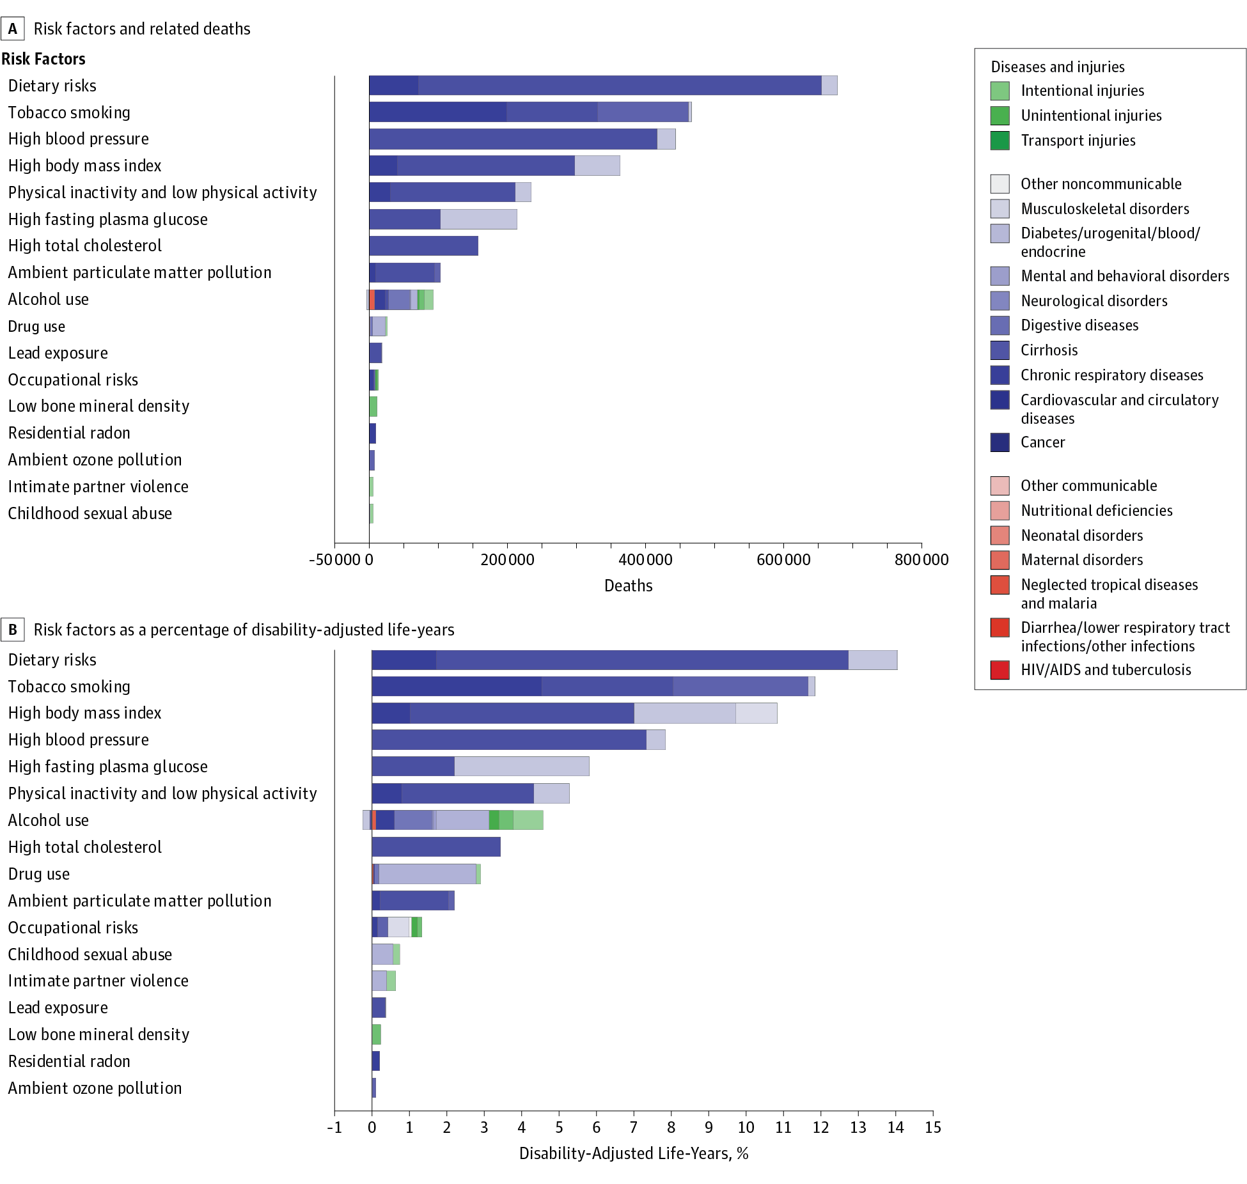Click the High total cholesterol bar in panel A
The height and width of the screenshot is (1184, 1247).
click(x=423, y=245)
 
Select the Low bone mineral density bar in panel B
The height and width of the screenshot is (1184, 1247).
click(x=376, y=1034)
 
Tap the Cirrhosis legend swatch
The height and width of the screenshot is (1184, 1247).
click(x=1000, y=350)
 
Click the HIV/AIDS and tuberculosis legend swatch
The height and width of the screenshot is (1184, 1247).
click(x=1000, y=670)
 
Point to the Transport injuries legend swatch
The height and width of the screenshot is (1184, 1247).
click(x=1000, y=141)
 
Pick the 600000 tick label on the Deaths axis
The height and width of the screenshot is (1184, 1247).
click(x=783, y=560)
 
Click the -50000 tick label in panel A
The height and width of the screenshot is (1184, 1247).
click(x=335, y=560)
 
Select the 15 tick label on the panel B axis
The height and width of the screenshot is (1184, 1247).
click(x=933, y=1127)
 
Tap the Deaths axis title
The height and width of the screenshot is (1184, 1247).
click(x=628, y=586)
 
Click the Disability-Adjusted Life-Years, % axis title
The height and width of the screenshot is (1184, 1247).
click(x=633, y=1153)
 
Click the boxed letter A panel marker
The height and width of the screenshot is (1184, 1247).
click(x=13, y=29)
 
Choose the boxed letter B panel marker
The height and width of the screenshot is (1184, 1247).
click(x=13, y=630)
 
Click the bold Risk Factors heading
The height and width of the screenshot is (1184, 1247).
click(x=43, y=59)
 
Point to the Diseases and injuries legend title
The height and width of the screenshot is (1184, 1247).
click(x=1057, y=67)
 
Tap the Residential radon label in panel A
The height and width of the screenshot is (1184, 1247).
click(x=69, y=433)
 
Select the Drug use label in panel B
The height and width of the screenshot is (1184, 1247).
click(x=39, y=874)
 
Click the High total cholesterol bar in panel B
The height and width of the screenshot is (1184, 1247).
click(x=435, y=847)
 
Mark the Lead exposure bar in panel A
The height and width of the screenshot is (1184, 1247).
click(x=375, y=353)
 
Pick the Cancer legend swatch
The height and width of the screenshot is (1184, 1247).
click(x=1000, y=442)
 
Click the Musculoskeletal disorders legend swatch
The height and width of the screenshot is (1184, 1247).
click(x=1000, y=209)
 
